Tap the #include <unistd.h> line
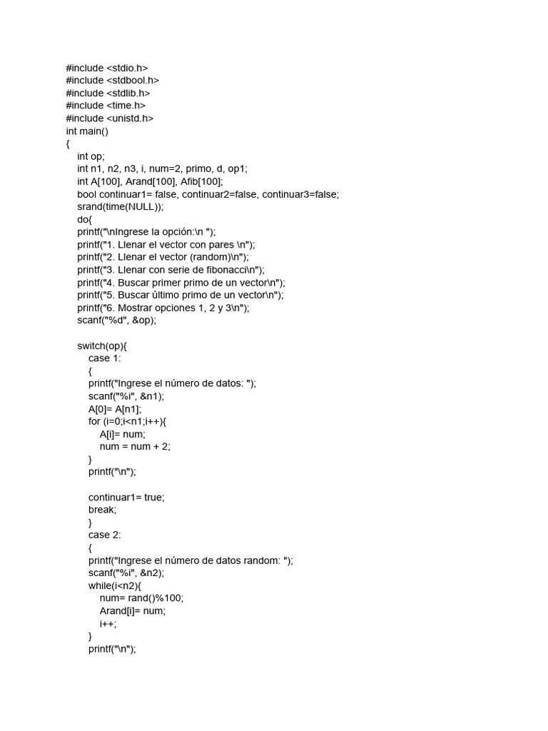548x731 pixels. click(x=109, y=119)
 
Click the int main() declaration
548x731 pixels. click(x=87, y=131)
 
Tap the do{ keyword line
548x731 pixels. click(x=85, y=220)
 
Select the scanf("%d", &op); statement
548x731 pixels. click(x=116, y=321)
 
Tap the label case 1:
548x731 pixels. click(x=105, y=358)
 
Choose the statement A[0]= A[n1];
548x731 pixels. click(x=115, y=409)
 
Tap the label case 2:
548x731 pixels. click(x=105, y=535)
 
